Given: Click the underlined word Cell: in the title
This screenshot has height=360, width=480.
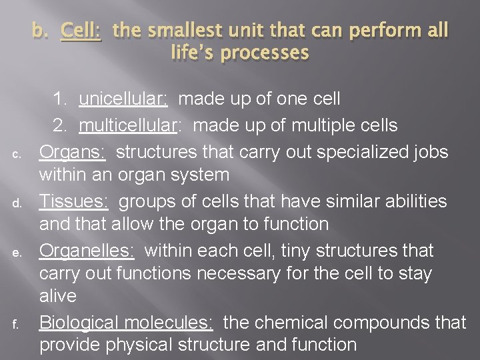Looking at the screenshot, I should coord(81,31).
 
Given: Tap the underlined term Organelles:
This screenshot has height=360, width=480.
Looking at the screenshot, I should coord(87,251).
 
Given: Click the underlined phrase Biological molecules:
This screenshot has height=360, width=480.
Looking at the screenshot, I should coord(126,322).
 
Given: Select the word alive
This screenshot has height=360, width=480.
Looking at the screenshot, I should coord(57,296).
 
